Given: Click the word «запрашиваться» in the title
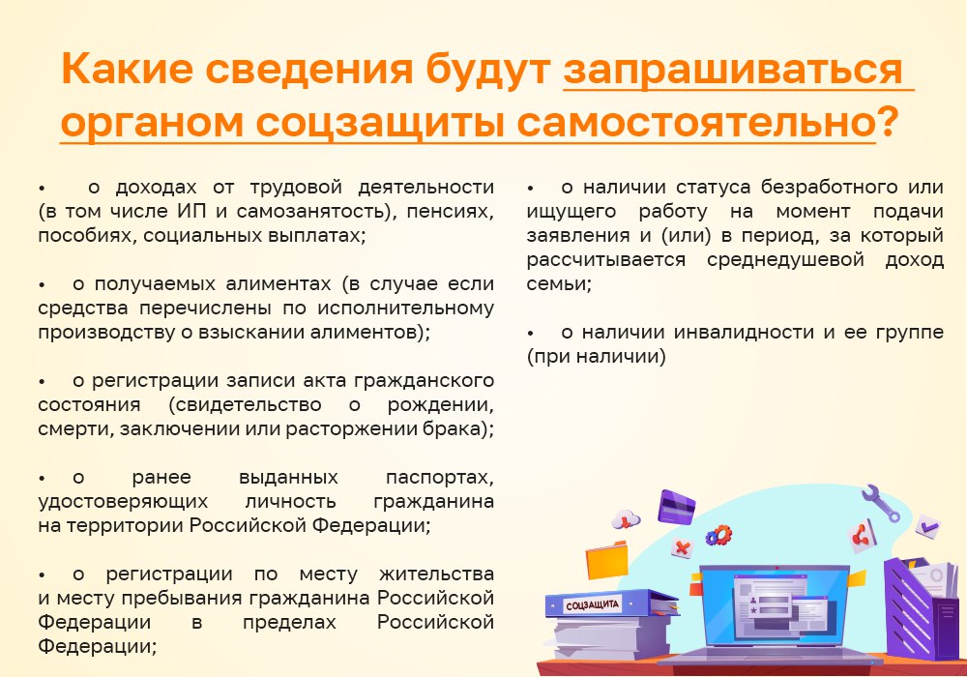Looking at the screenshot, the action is pos(733,69).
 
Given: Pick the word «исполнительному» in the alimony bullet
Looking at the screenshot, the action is pos(405,308).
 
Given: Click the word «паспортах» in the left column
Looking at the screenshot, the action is pos(440,477).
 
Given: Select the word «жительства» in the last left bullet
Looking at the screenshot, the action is pos(437,574).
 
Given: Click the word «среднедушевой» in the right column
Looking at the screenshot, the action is pos(785,259).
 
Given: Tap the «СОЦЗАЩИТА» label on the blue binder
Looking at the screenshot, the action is pos(592,605).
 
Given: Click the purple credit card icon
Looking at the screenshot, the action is pos(676,507).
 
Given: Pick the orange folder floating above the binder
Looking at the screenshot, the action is pos(607,560).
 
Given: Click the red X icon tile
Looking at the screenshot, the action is pos(682,546).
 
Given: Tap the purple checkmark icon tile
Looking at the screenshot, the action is pos(927,526).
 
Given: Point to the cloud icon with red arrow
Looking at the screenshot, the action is pos(626,519).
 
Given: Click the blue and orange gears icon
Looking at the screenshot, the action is pos(718,535).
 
